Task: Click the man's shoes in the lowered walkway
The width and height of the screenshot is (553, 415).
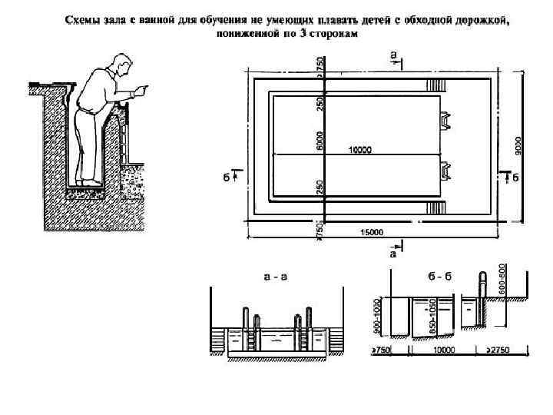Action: pos(88,182)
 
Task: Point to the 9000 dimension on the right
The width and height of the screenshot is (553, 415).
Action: pos(519,144)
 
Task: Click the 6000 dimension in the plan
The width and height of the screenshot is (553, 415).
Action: pos(320,140)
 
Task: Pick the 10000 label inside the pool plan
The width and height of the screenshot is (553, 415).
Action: pos(360,149)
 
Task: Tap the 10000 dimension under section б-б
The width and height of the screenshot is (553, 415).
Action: pos(444,350)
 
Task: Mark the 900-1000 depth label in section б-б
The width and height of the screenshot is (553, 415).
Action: pos(376,315)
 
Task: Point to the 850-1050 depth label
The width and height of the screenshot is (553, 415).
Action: pos(435,315)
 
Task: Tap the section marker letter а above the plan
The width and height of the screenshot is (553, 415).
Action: pos(393,55)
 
